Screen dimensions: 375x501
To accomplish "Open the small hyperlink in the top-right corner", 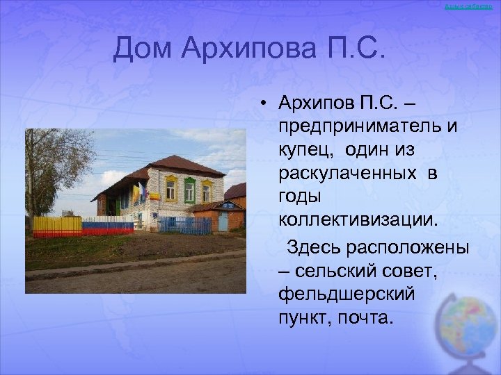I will pos(472,6).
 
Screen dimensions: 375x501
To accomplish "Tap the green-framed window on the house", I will pos(189,190).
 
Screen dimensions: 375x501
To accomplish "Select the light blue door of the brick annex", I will pos(223,221).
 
